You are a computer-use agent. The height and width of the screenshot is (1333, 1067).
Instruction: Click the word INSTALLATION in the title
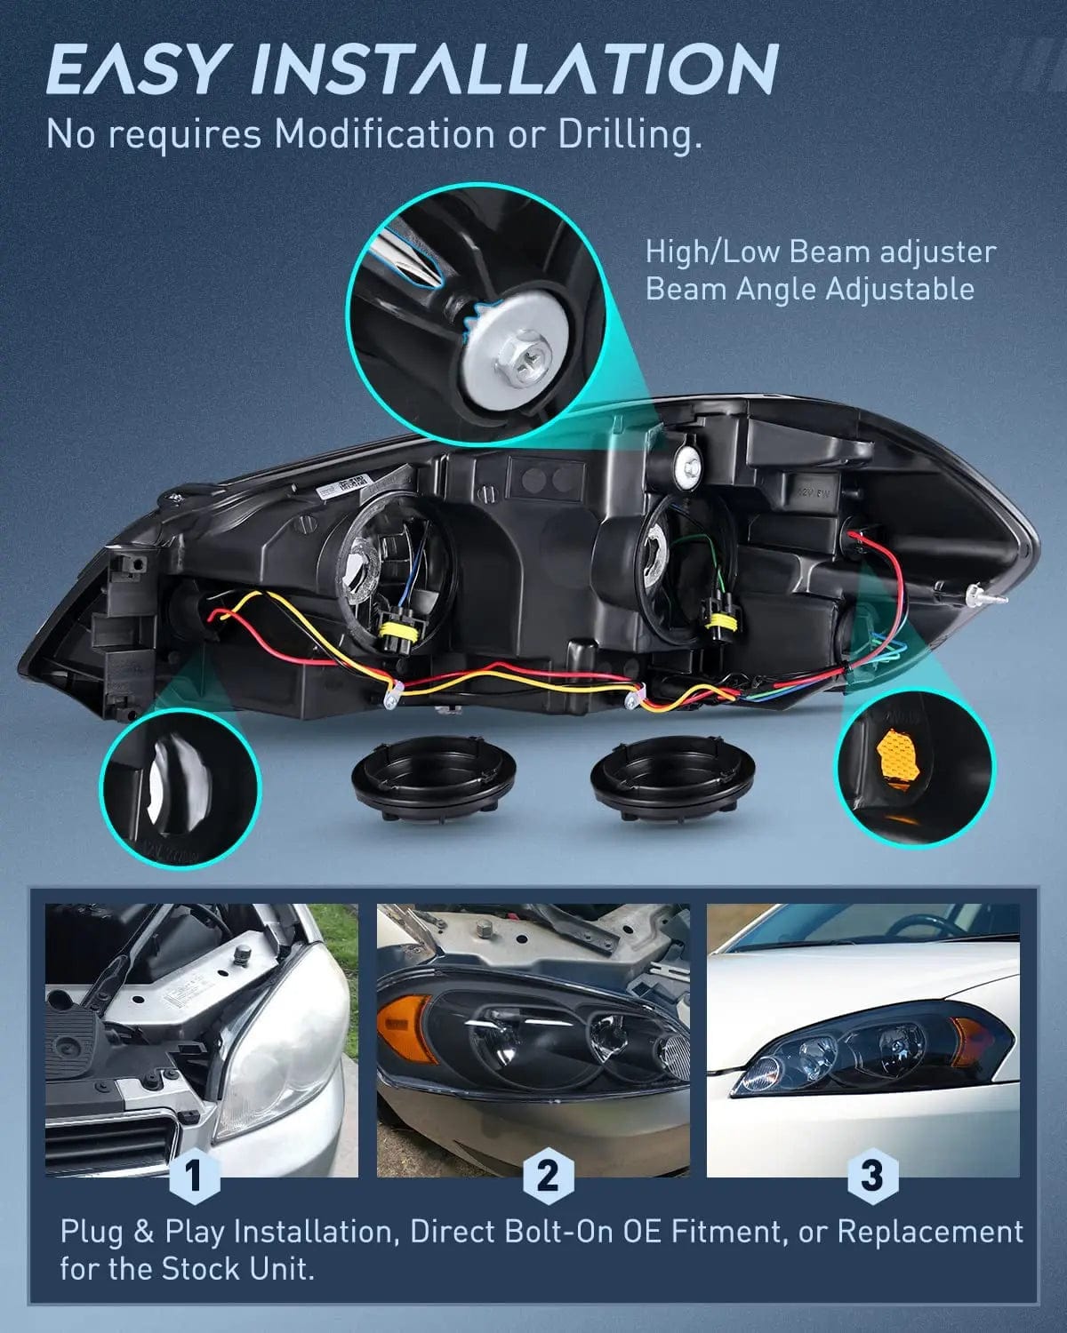516,69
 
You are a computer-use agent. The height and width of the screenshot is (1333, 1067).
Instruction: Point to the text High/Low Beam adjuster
820,251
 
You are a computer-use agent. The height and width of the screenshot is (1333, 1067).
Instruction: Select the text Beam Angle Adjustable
809,289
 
